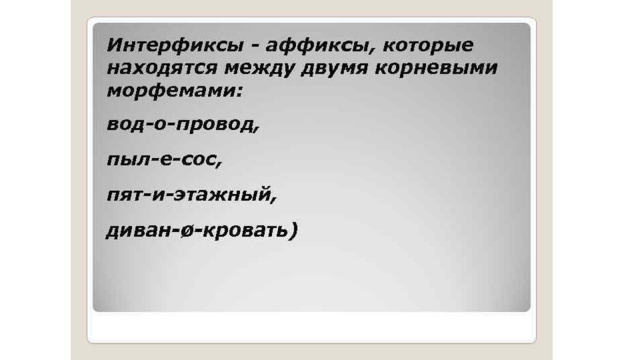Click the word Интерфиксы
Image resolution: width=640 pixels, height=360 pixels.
(x=176, y=45)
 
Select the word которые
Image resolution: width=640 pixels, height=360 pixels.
(x=428, y=46)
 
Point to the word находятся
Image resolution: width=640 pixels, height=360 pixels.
(x=162, y=68)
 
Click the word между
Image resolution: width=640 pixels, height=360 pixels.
(x=258, y=69)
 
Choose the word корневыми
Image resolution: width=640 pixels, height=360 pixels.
(x=436, y=69)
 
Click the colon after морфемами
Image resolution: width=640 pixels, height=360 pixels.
(x=239, y=92)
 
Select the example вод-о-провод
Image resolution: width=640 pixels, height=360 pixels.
(x=183, y=123)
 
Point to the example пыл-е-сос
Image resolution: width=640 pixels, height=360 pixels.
(x=164, y=160)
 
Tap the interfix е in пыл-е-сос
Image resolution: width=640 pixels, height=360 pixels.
(x=167, y=160)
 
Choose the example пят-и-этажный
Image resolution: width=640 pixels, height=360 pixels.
(x=192, y=195)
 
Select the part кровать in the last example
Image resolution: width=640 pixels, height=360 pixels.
(x=245, y=230)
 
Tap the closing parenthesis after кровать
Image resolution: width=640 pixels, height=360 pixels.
(x=293, y=231)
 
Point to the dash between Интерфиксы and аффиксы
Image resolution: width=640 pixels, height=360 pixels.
(x=255, y=47)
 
